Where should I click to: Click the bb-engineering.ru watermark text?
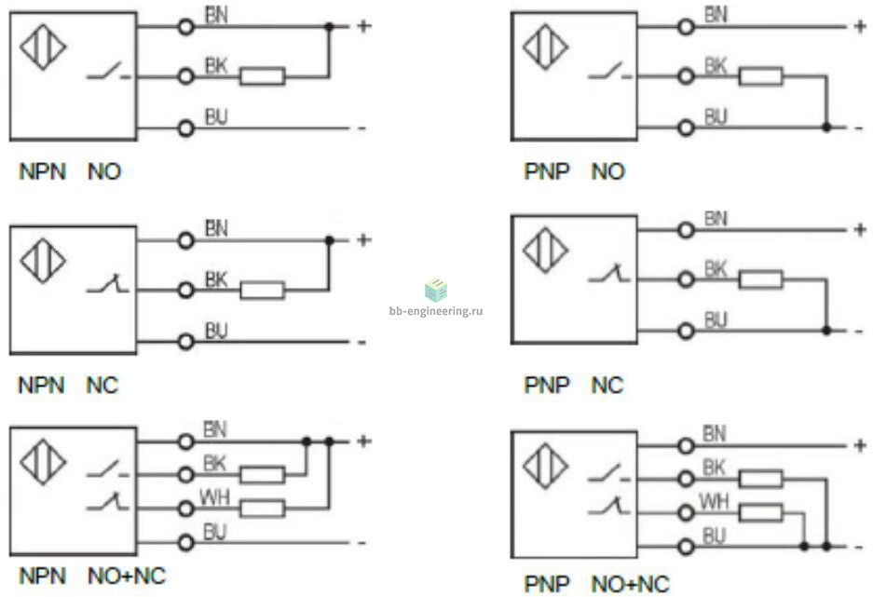tap(436, 311)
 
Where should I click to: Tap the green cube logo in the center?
tap(436, 290)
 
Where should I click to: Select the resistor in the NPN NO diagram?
tap(262, 76)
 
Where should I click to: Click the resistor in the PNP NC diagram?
tap(760, 279)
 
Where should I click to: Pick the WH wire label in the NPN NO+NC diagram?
tap(214, 496)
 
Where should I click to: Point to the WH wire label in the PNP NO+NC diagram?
tap(714, 502)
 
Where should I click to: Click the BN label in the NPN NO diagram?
tap(216, 15)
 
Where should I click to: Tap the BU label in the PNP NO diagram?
tap(716, 116)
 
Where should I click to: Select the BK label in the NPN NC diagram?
tap(216, 279)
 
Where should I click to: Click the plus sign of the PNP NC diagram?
tap(860, 229)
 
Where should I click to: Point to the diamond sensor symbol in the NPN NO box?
tap(43, 47)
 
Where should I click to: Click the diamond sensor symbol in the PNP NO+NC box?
tap(546, 466)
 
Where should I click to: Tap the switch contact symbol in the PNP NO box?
tap(610, 71)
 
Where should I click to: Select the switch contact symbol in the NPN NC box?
tap(107, 283)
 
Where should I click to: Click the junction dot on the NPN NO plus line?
tap(329, 26)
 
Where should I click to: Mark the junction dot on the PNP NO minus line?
tap(826, 128)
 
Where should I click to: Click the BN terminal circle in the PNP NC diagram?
tap(686, 230)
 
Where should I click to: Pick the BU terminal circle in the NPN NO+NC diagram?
tap(186, 542)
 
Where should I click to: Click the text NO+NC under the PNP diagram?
tap(630, 584)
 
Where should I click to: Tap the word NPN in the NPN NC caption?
tap(42, 385)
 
